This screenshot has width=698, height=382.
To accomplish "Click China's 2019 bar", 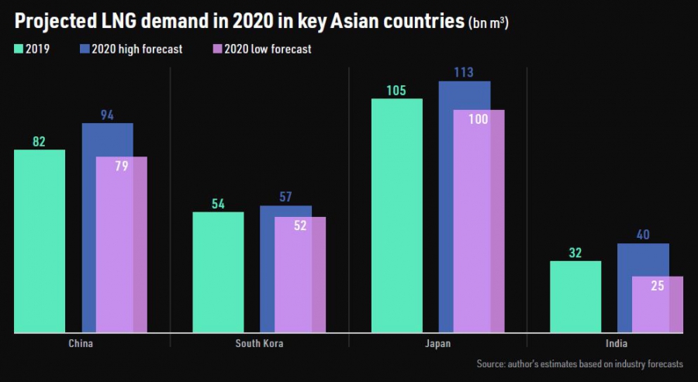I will click(40, 241).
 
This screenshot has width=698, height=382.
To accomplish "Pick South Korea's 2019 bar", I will click(218, 272).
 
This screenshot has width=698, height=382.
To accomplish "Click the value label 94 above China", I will click(107, 115).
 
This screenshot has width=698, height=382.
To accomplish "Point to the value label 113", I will click(464, 73).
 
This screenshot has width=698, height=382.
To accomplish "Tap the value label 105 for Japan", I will click(397, 91).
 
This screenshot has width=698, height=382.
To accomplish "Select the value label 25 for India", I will click(657, 286).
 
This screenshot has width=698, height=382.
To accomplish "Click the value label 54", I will click(218, 204).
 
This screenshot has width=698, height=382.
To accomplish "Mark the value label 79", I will click(121, 166).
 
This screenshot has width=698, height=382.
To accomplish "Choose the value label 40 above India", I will click(643, 235).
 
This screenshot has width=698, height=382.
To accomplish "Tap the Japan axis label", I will click(437, 343).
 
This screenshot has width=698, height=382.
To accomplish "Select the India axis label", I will click(617, 343).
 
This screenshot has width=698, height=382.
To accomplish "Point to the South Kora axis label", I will click(259, 343).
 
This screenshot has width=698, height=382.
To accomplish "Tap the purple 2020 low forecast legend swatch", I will click(216, 49).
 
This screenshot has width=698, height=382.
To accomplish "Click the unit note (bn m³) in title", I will click(488, 24).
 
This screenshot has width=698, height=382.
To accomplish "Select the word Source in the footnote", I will click(491, 363).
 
